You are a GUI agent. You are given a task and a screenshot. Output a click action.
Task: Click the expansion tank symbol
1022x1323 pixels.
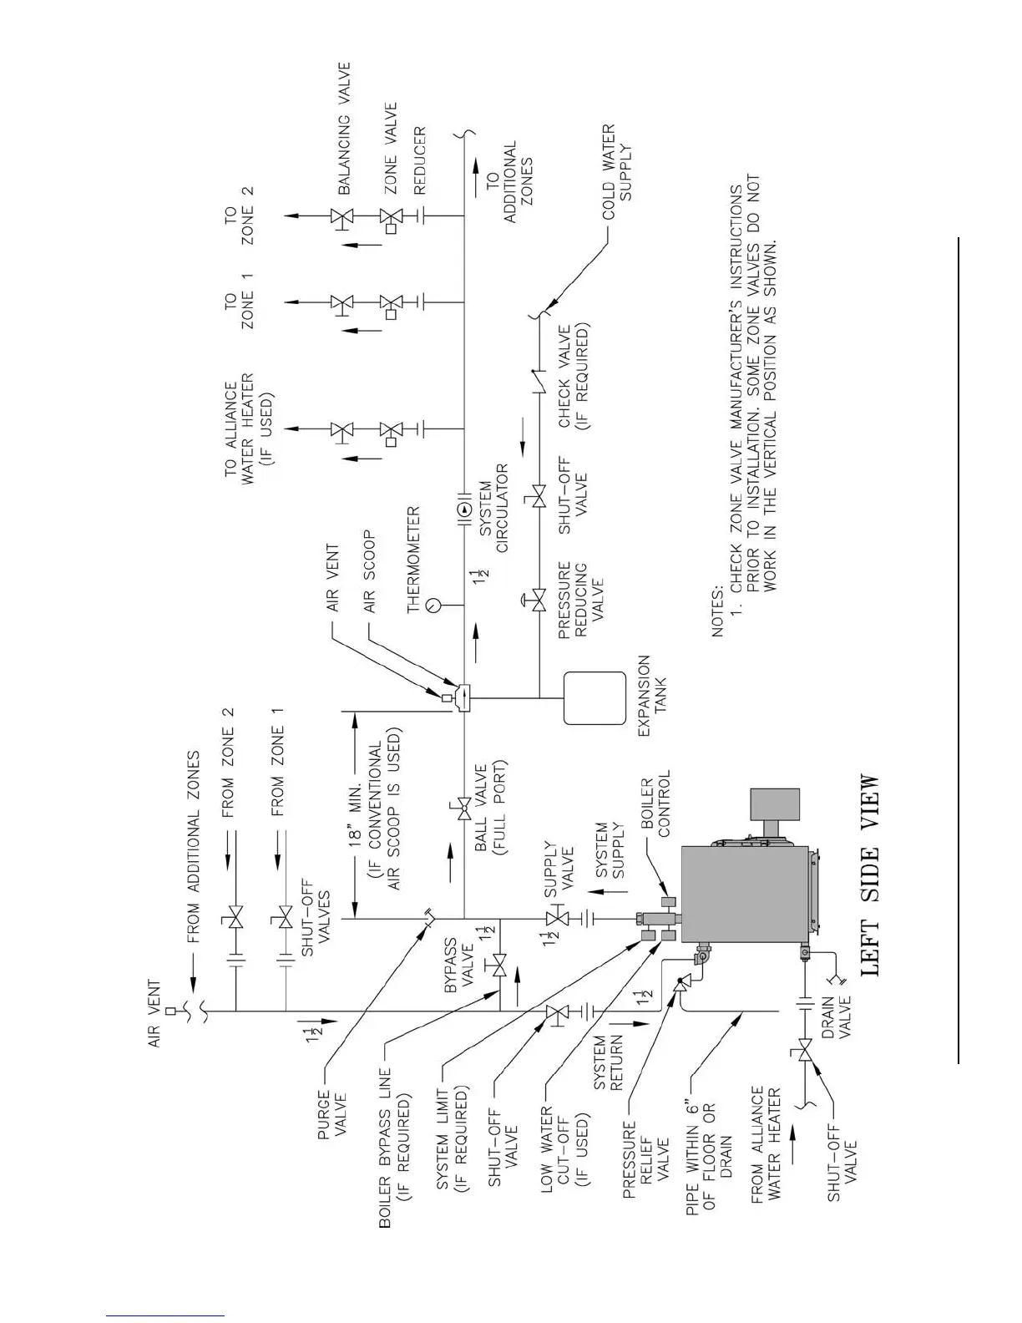point(594,698)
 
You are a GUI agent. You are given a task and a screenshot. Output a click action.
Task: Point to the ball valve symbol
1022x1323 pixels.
point(461,808)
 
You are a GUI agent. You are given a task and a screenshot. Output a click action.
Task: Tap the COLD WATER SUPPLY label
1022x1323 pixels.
point(618,171)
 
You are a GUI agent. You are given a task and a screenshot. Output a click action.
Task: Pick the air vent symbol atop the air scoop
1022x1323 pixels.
point(447,697)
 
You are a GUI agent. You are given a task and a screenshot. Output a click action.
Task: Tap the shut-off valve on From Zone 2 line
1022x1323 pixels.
point(235,920)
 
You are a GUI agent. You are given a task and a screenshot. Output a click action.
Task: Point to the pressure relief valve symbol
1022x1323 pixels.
point(680,986)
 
